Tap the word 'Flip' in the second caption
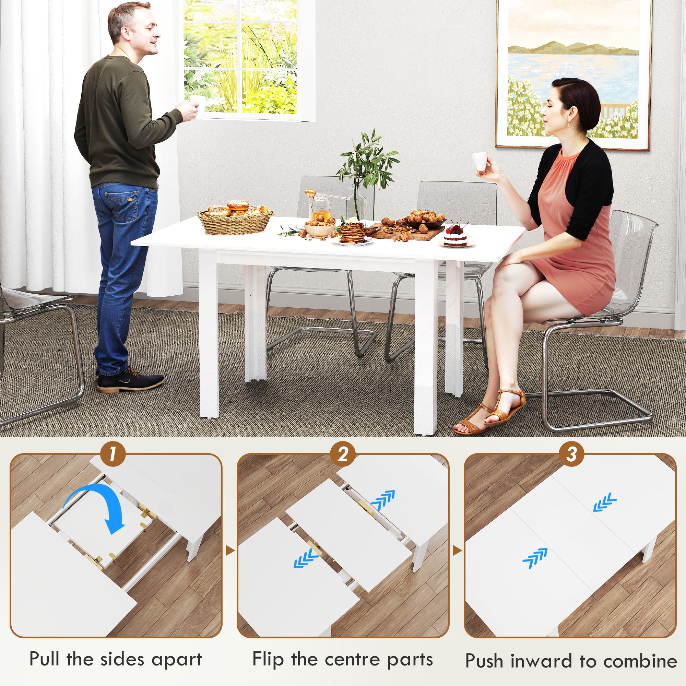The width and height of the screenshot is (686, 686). pyautogui.click(x=268, y=659)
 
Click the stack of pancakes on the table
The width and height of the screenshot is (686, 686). pyautogui.click(x=353, y=233)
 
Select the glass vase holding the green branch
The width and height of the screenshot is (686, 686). pyautogui.click(x=356, y=204)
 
